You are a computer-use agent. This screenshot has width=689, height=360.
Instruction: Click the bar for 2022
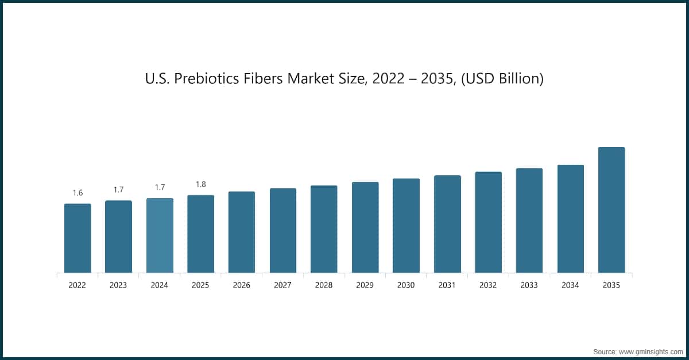(x=78, y=238)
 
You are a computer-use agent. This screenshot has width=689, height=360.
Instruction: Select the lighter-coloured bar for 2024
(x=160, y=235)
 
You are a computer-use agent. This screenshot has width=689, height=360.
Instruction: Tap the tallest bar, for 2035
(x=611, y=210)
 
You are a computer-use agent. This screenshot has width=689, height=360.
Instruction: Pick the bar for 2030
(x=406, y=226)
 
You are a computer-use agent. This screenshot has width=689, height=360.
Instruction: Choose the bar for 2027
(x=283, y=230)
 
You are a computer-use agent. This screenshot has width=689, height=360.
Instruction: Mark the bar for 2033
(x=529, y=220)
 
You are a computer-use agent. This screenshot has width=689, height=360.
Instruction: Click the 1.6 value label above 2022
(x=78, y=193)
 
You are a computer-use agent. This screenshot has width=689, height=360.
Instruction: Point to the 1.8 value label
(x=201, y=184)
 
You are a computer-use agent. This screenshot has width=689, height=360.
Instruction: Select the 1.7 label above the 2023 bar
(x=119, y=189)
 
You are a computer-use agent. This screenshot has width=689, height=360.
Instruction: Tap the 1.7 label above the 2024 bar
(x=160, y=187)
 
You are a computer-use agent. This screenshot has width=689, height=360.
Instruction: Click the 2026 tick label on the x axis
(x=242, y=285)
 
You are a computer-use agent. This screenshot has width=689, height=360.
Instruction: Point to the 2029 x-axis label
(x=365, y=285)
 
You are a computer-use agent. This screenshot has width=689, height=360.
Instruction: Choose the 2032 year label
(x=488, y=285)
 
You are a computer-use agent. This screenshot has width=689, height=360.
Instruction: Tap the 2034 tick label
(x=570, y=285)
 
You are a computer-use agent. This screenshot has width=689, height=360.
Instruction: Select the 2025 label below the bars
(x=201, y=285)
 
